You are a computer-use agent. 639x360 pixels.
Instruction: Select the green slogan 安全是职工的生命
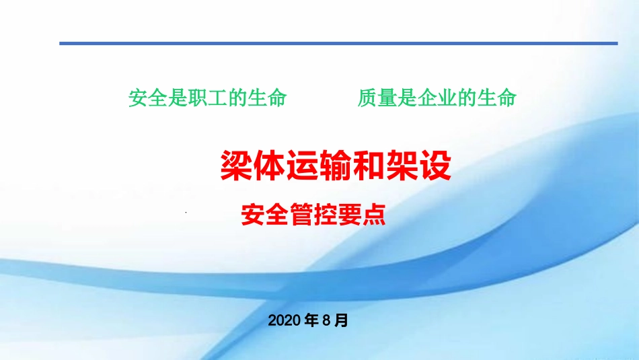coord(208,98)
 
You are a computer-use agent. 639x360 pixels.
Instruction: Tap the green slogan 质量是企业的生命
coord(437,98)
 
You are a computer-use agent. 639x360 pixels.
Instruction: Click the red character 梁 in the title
coord(236,166)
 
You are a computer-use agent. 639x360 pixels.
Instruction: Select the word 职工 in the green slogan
coord(208,98)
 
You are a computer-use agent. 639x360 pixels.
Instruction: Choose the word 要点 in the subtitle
coord(361,214)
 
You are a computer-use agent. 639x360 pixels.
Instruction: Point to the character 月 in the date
coord(341,321)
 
